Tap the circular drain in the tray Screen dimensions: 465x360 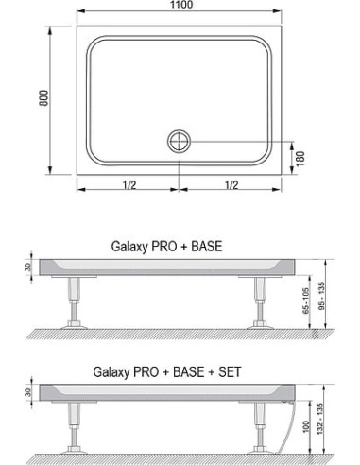point(178,141)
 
